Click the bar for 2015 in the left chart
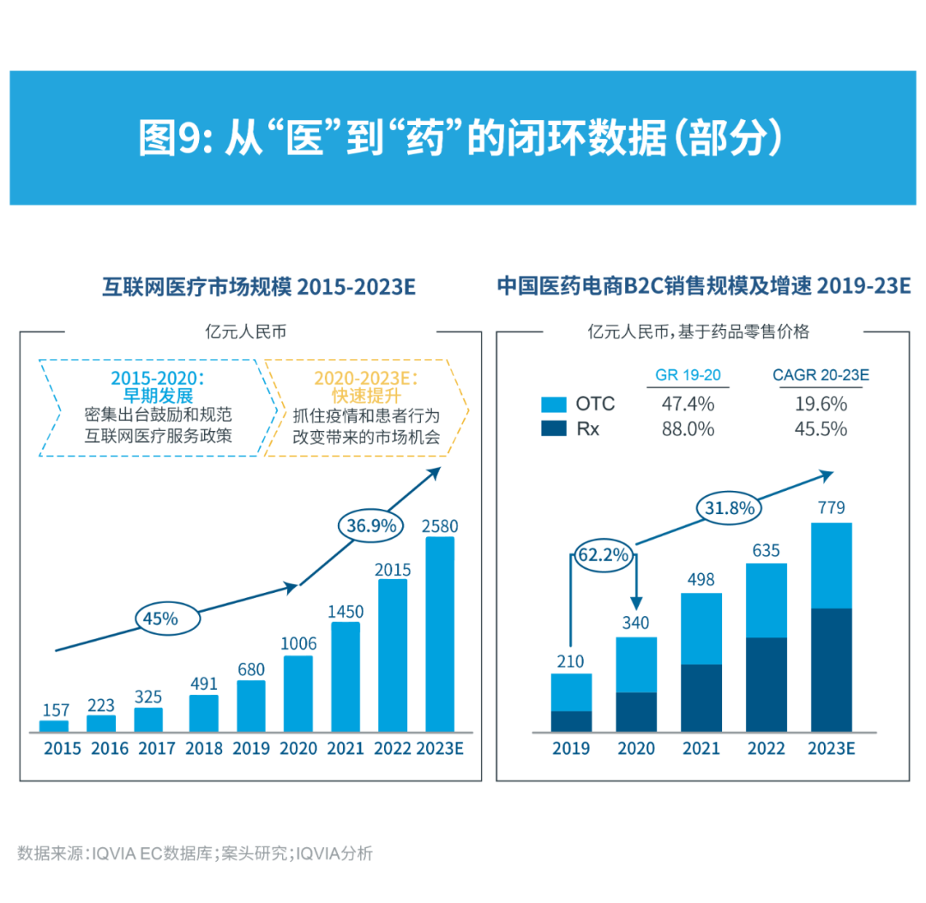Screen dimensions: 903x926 click(x=54, y=726)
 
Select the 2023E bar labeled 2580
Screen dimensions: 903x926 click(x=440, y=634)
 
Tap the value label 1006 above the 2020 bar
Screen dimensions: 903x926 click(x=298, y=643)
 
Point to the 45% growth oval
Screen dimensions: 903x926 click(x=167, y=617)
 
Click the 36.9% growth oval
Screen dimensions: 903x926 click(x=371, y=525)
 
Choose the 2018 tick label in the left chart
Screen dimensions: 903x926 click(x=204, y=749)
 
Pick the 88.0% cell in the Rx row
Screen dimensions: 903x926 click(x=688, y=429)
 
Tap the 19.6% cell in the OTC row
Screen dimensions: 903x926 click(x=821, y=404)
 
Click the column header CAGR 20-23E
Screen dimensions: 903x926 click(x=821, y=375)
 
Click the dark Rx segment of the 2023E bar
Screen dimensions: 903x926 click(x=831, y=670)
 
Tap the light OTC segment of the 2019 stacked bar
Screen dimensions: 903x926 click(x=571, y=692)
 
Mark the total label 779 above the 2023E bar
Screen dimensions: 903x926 click(x=831, y=508)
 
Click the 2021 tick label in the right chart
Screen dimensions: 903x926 click(x=701, y=749)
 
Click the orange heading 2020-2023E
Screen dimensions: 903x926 click(x=366, y=378)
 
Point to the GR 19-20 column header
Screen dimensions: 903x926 click(x=688, y=375)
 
